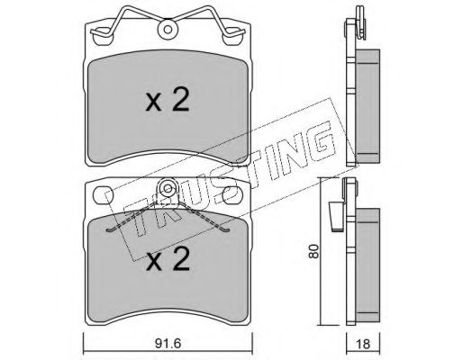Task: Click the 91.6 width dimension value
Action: click(x=168, y=344)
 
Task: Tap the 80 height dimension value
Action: click(x=313, y=251)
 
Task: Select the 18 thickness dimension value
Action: click(x=363, y=344)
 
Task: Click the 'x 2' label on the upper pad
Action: click(x=168, y=101)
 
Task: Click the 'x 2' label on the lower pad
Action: click(x=168, y=260)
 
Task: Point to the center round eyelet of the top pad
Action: click(x=168, y=30)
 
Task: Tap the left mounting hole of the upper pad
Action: click(x=103, y=36)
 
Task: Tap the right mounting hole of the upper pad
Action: click(x=231, y=36)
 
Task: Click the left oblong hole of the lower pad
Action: click(x=103, y=195)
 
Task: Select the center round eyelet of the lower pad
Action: click(x=168, y=188)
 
